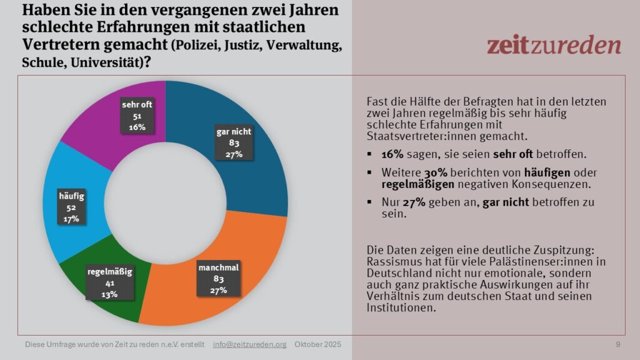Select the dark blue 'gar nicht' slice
pos(250,169)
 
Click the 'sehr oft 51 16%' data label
pos(137,117)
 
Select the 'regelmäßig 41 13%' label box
pos(109,283)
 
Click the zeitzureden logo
pos(554,45)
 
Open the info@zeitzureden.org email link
pos(249,344)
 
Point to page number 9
pos(618,344)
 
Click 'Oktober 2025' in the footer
pos(318,344)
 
